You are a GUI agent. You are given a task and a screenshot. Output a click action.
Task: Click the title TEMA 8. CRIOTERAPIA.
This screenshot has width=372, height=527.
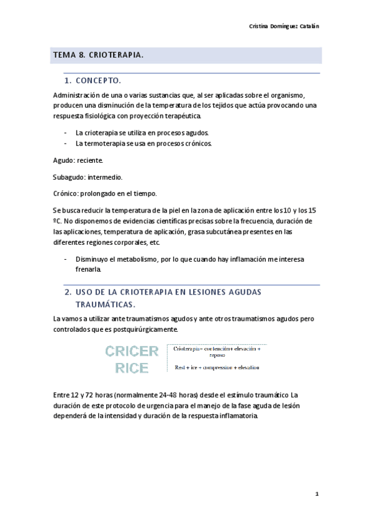click(98, 55)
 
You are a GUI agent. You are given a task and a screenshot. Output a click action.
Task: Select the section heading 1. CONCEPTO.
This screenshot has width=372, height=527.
click(93, 81)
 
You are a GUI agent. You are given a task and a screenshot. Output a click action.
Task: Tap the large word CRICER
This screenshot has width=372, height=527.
click(132, 352)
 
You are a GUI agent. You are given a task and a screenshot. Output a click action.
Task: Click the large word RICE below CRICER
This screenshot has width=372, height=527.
click(132, 368)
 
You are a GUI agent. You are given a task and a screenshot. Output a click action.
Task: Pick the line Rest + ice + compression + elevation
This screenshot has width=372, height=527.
click(217, 367)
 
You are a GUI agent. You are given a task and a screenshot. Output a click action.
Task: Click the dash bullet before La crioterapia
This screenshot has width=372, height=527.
click(66, 133)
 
